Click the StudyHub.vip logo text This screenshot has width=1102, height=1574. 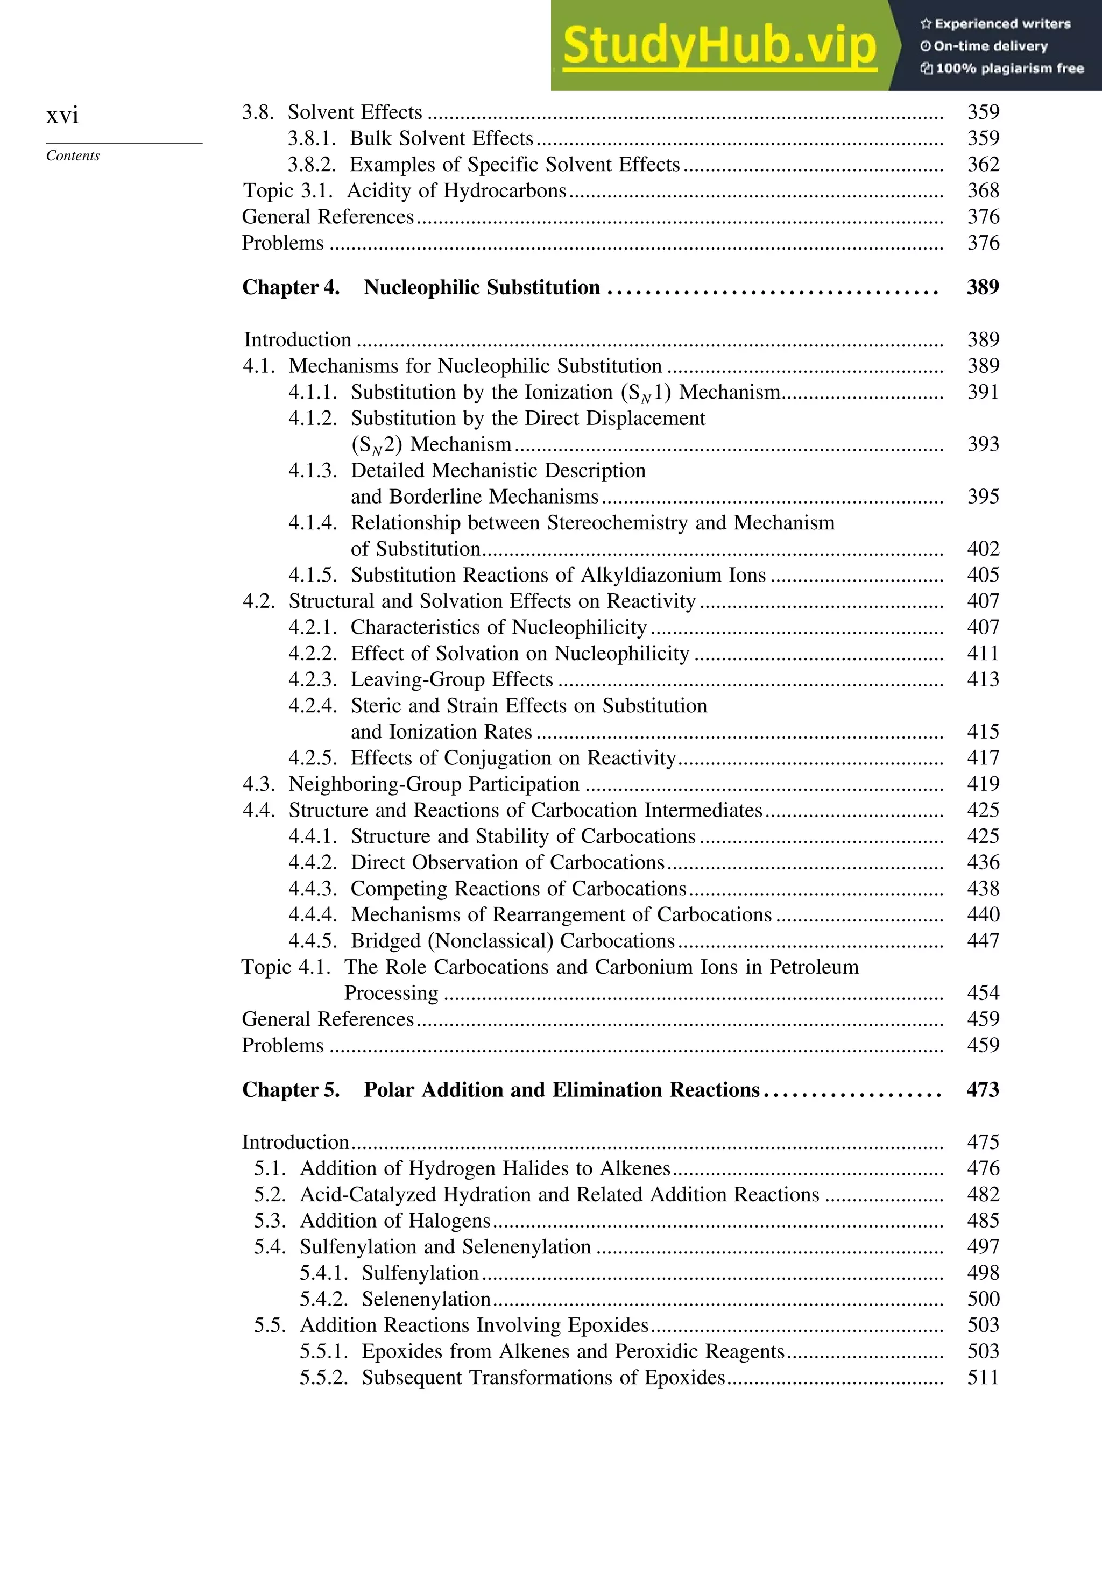click(719, 46)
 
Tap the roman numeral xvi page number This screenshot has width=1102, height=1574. click(62, 115)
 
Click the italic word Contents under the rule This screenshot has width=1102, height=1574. click(73, 155)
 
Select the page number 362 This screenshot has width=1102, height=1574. click(983, 165)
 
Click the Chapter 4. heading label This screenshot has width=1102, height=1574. click(291, 287)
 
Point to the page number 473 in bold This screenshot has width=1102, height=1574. click(983, 1090)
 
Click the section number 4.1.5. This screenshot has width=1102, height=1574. click(313, 575)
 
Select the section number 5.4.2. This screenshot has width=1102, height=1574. click(324, 1299)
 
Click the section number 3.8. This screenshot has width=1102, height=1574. click(258, 112)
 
